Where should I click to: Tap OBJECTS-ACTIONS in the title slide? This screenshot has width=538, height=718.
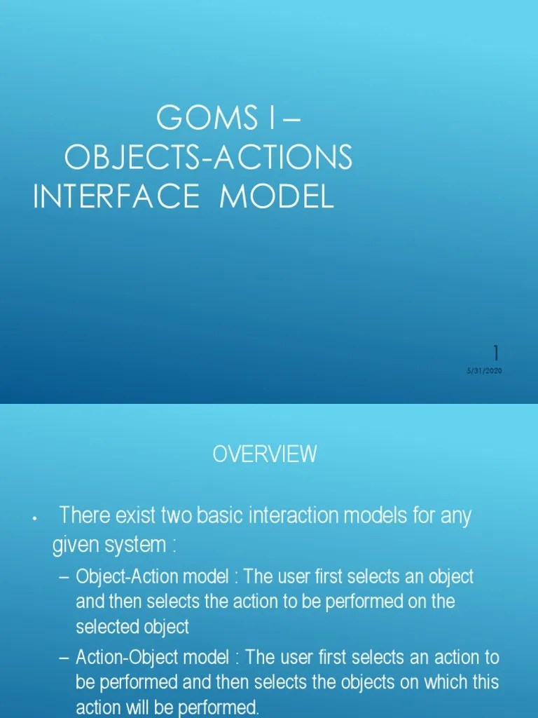pyautogui.click(x=208, y=158)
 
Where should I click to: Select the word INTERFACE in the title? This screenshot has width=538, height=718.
pyautogui.click(x=116, y=197)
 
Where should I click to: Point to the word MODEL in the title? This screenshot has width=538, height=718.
pyautogui.click(x=277, y=197)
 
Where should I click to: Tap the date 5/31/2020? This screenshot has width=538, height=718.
pyautogui.click(x=485, y=371)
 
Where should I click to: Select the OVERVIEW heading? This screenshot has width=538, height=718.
pyautogui.click(x=265, y=454)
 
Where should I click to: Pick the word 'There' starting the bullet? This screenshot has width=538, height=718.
pyautogui.click(x=83, y=516)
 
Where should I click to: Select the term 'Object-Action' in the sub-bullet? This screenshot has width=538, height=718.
pyautogui.click(x=117, y=576)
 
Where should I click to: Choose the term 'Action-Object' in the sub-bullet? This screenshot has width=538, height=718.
pyautogui.click(x=117, y=658)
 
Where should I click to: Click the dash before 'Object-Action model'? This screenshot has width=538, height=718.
pyautogui.click(x=65, y=577)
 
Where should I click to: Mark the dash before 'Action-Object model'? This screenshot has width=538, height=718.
pyautogui.click(x=65, y=658)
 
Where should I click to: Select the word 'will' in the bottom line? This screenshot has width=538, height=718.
pyautogui.click(x=135, y=707)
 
